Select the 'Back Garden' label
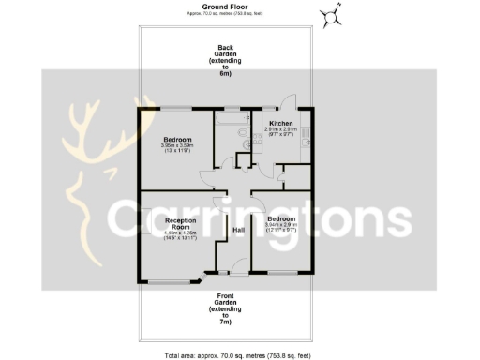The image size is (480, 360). coord(225,59)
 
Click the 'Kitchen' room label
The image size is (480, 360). coord(282,124)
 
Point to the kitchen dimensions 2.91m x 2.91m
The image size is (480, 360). coord(282,132)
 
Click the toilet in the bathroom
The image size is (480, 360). coord(242,142)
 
